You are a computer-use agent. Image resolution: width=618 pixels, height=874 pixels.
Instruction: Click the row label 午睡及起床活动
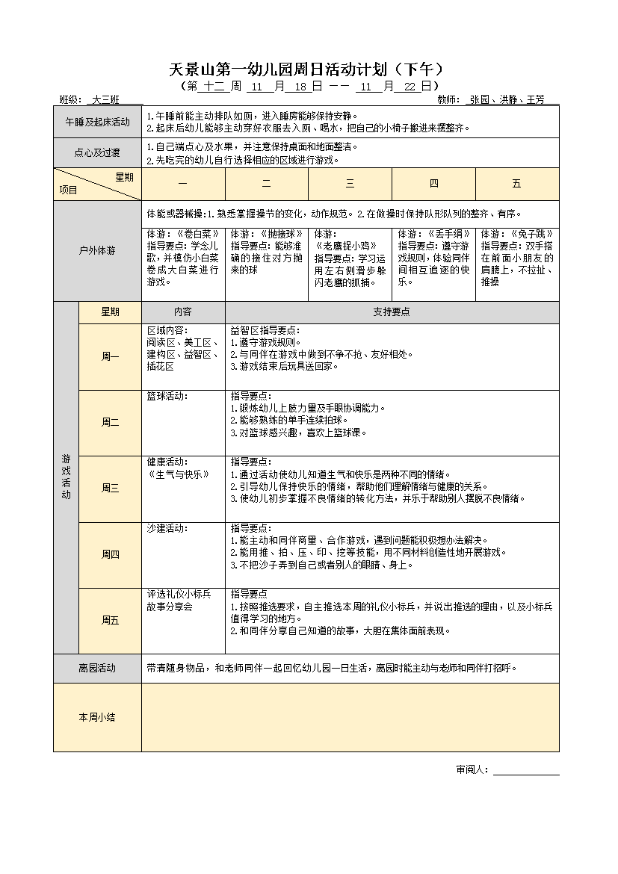point(97,122)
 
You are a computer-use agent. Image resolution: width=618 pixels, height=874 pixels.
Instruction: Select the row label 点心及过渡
point(97,153)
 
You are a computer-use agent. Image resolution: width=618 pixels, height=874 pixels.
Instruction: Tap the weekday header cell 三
point(350,184)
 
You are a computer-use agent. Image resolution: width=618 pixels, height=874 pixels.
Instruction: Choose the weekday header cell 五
point(516,184)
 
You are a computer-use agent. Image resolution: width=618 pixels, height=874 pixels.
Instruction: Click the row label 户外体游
point(97,251)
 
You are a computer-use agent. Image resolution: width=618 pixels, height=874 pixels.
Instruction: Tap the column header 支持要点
point(392,312)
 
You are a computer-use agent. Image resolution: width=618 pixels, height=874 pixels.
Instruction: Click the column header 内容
point(183,312)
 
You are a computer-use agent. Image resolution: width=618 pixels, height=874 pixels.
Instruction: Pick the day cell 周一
point(110,356)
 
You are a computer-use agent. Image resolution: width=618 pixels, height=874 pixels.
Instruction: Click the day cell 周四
point(110,554)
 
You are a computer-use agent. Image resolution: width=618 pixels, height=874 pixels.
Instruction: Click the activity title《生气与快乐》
point(179,474)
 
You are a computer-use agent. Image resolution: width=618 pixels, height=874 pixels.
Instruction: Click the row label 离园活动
point(97,668)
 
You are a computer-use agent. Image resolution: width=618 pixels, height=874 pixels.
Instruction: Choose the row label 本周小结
point(97,717)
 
